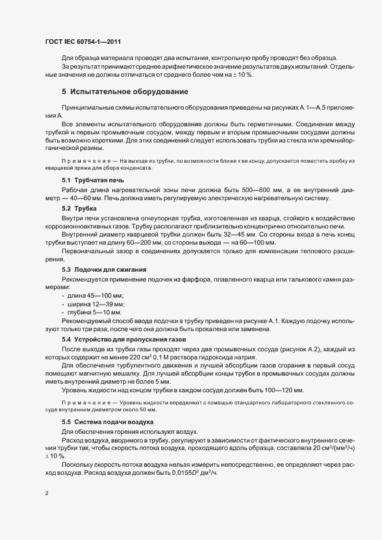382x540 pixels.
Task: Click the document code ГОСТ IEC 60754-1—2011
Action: [83, 42]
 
